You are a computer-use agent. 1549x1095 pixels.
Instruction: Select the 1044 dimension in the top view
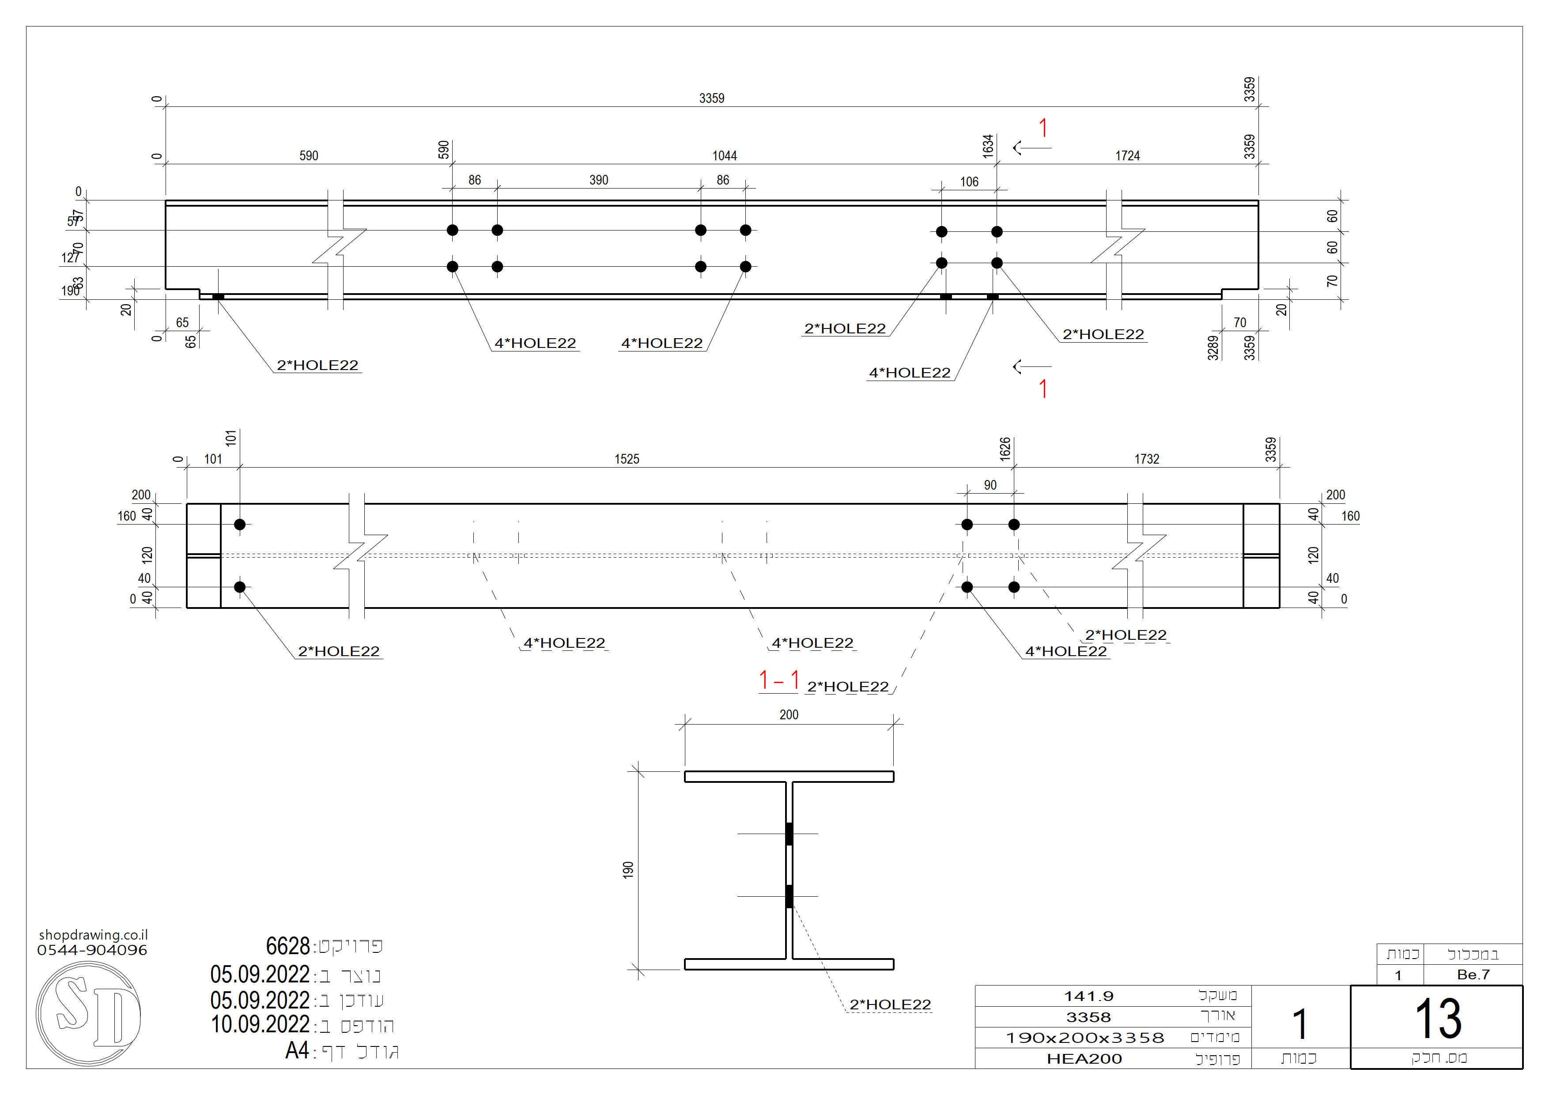point(725,156)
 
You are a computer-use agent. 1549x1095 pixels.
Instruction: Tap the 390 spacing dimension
point(598,180)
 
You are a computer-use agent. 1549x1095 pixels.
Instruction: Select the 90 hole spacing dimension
point(990,485)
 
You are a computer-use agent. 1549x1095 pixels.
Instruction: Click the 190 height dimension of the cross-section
point(628,870)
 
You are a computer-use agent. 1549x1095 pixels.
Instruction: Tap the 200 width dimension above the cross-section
point(789,714)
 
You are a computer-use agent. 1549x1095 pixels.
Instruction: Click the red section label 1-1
point(779,680)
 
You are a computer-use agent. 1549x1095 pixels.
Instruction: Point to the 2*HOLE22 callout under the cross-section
point(890,1004)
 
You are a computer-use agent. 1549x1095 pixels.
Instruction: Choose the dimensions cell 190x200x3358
point(1085,1038)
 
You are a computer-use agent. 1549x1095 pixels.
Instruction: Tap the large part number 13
point(1438,1018)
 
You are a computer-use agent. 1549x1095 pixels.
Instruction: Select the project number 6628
point(287,946)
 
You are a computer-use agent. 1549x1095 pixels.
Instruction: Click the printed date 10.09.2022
point(260,1024)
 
